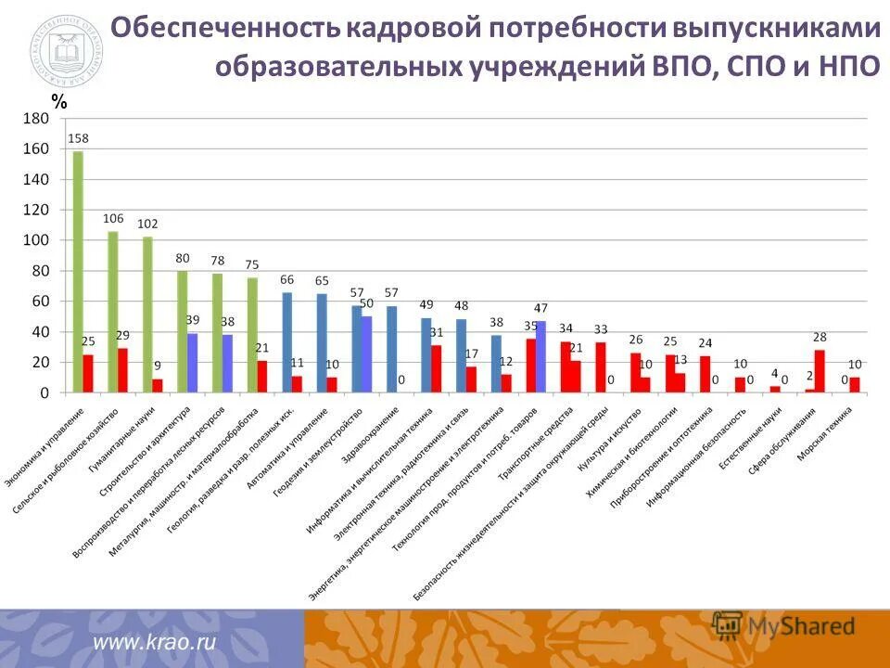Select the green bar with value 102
coord(147,315)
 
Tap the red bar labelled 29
coord(122,370)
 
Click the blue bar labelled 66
coord(287,342)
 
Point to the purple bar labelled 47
coord(540,357)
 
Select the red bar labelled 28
coord(820,371)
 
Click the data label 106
coord(113,219)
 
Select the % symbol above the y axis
coord(59,104)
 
